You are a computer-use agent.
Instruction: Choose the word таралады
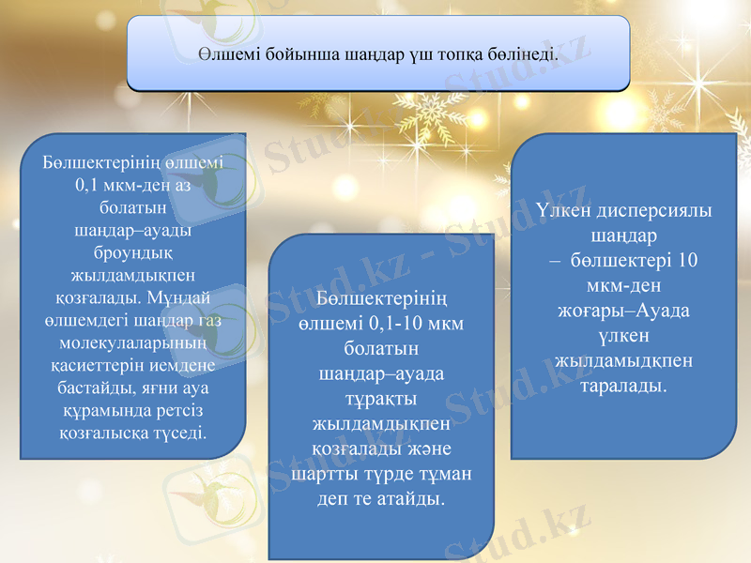624,385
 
